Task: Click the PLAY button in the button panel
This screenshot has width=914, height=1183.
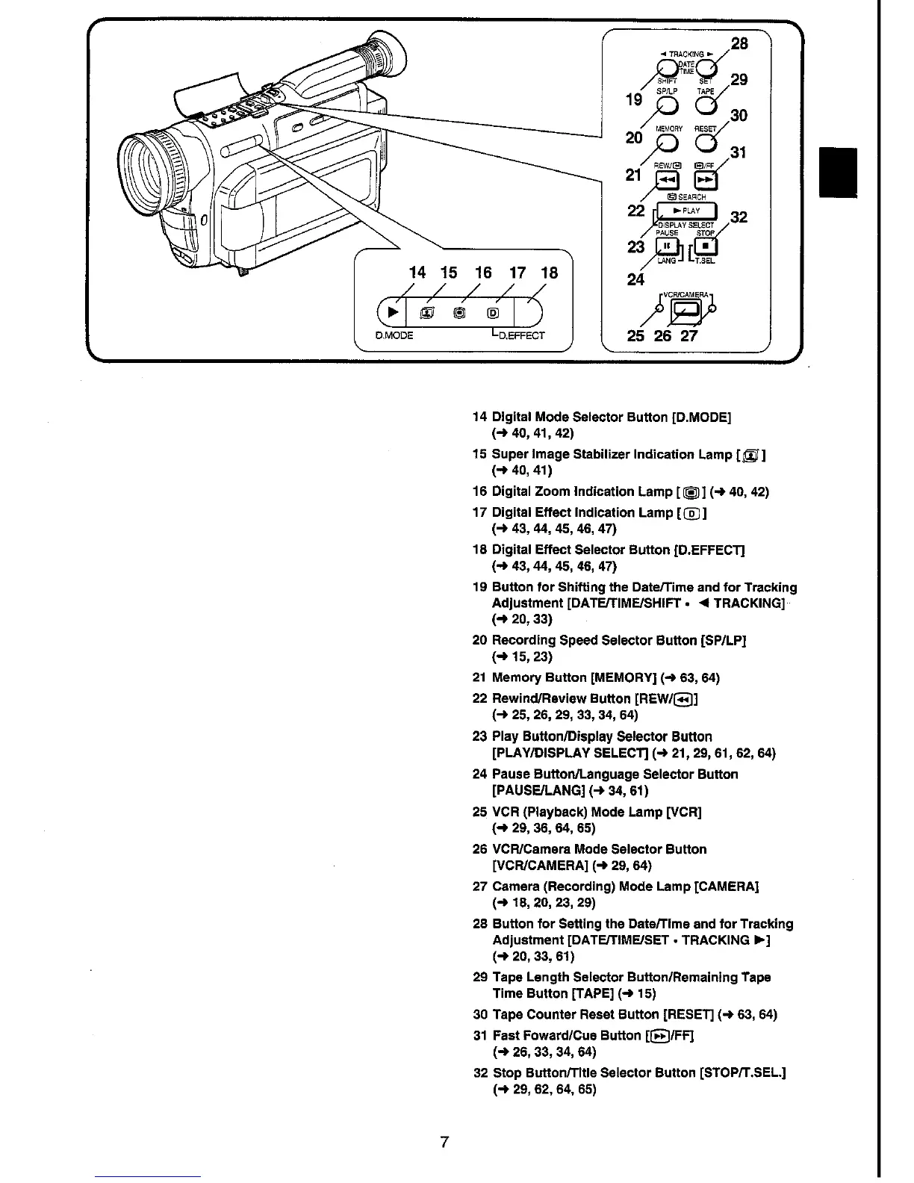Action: coord(685,212)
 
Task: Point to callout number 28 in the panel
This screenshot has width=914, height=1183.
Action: coord(739,43)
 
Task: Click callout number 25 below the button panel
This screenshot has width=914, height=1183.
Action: coord(635,335)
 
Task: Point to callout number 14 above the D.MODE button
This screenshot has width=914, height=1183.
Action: coord(419,273)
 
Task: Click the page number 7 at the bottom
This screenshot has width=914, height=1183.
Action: coord(444,1142)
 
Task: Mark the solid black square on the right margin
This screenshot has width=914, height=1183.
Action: coord(838,173)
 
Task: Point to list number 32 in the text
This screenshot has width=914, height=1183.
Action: coord(479,1072)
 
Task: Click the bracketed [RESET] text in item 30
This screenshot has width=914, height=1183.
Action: coord(688,1014)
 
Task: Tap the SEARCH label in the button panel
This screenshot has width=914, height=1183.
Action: coord(688,197)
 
